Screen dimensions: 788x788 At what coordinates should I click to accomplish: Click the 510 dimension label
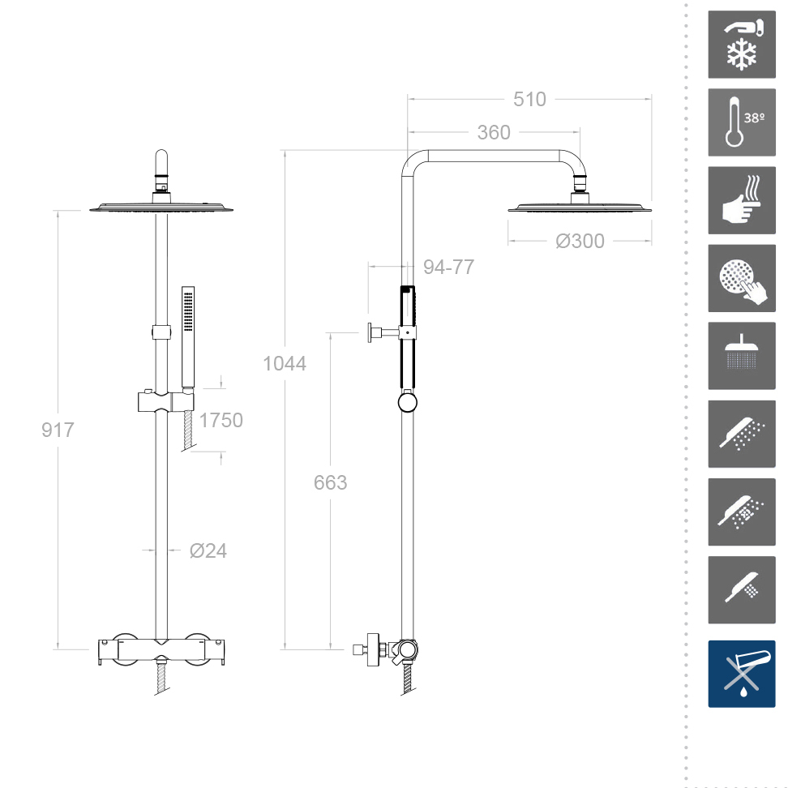[x=529, y=99]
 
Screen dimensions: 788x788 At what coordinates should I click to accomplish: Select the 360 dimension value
[x=494, y=132]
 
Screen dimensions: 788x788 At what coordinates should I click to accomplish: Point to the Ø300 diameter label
[x=580, y=241]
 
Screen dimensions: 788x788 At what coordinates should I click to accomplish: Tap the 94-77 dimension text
[x=448, y=267]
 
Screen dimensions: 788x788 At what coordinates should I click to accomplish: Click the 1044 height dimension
[x=285, y=363]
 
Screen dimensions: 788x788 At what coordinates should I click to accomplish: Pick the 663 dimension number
[x=330, y=482]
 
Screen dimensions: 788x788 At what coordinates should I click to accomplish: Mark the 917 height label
[x=58, y=430]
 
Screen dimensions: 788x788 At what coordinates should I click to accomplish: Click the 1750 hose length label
[x=221, y=420]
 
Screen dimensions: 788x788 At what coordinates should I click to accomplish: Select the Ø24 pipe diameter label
[x=208, y=550]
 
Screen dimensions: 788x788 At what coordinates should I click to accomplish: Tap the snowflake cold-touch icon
[x=741, y=45]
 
